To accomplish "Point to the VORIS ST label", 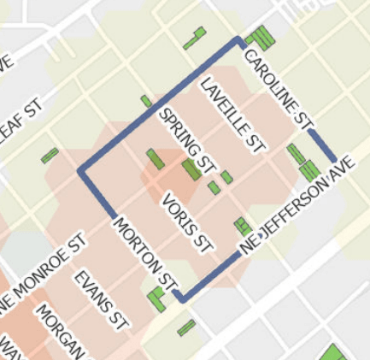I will (186, 220).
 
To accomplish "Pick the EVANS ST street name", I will (100, 300).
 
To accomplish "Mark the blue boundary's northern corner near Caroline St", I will (239, 39).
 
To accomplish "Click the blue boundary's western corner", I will (81, 171).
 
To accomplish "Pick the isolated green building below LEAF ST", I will (50, 156).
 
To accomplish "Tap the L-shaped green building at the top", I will (195, 38).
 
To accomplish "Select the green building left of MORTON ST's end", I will (156, 298).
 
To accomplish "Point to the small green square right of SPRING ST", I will (226, 177).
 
